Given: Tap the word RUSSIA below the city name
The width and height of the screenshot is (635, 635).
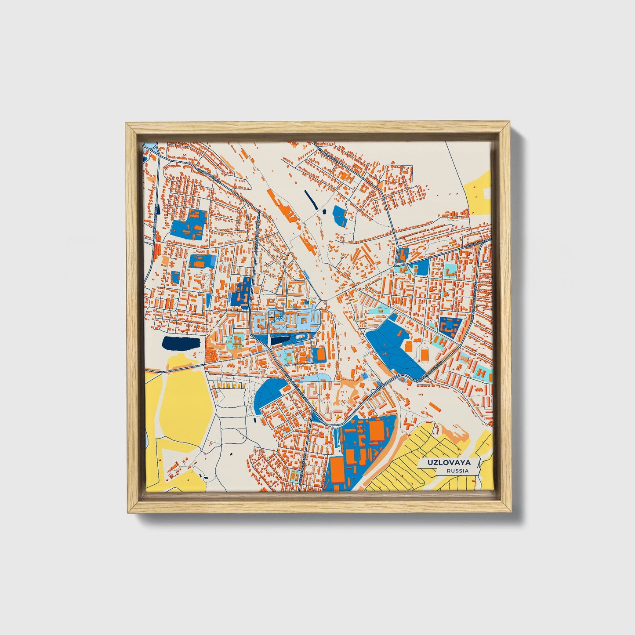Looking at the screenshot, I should pyautogui.click(x=457, y=471).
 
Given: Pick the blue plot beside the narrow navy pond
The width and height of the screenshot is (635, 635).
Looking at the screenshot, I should pyautogui.click(x=340, y=215).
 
